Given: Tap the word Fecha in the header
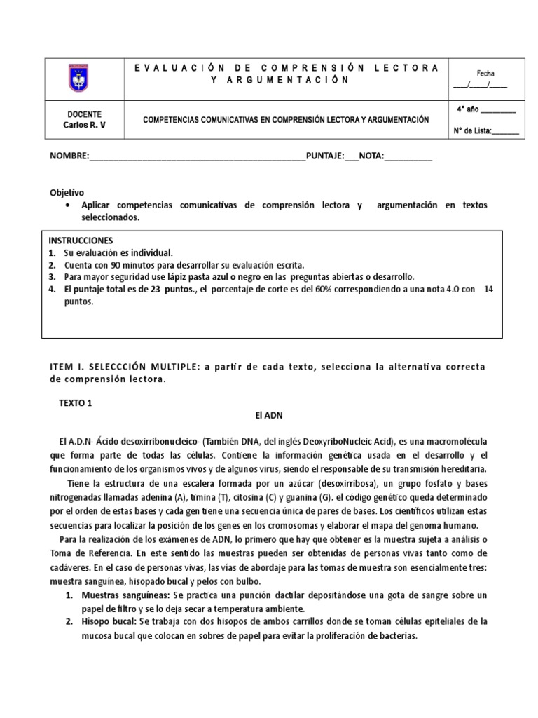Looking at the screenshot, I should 485,73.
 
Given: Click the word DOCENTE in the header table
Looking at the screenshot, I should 84,114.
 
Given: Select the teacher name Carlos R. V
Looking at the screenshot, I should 84,126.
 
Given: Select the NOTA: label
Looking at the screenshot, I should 371,156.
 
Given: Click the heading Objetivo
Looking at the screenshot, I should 67,192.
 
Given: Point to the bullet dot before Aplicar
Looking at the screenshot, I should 67,205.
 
